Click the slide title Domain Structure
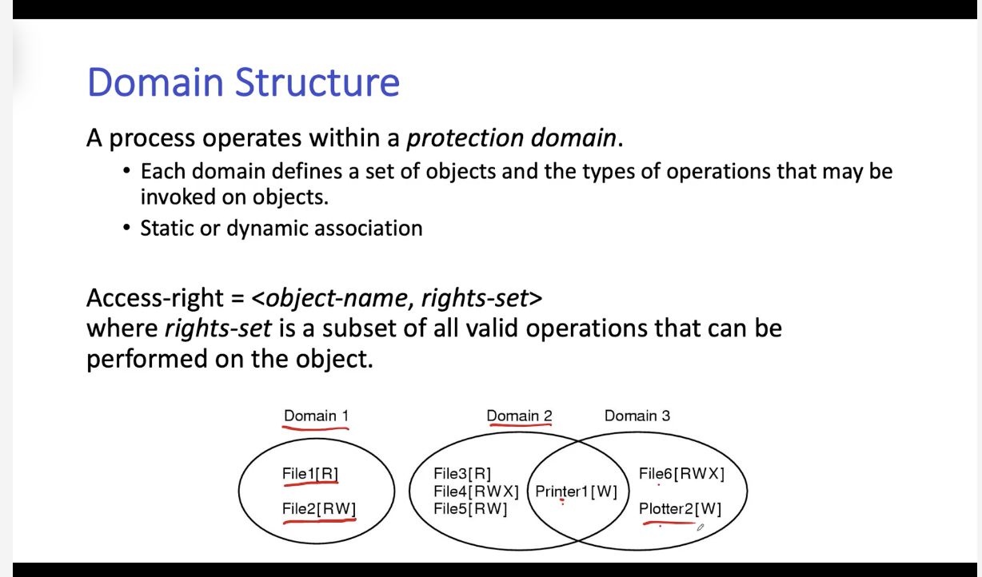pyautogui.click(x=243, y=82)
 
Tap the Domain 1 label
pyautogui.click(x=316, y=416)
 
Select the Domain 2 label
pyautogui.click(x=519, y=416)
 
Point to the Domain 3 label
pyautogui.click(x=637, y=416)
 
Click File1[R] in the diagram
pyautogui.click(x=310, y=474)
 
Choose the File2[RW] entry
pyautogui.click(x=319, y=509)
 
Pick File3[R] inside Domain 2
pyautogui.click(x=462, y=474)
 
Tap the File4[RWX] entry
pyautogui.click(x=476, y=491)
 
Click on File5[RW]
pyautogui.click(x=470, y=509)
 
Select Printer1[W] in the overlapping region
pyautogui.click(x=576, y=491)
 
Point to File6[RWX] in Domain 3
pyautogui.click(x=681, y=474)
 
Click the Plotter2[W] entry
pyautogui.click(x=680, y=509)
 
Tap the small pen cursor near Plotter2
pyautogui.click(x=701, y=527)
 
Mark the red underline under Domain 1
pyautogui.click(x=316, y=428)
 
